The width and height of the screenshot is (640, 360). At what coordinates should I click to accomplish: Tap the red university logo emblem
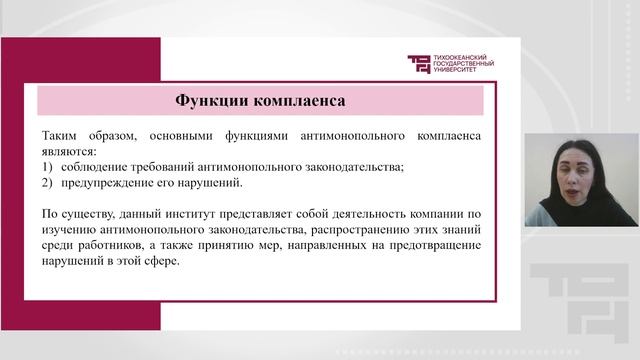[x=419, y=64]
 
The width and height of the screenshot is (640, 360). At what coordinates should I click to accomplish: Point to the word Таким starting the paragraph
[x=61, y=133]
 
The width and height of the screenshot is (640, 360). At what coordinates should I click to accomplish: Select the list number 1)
[x=48, y=166]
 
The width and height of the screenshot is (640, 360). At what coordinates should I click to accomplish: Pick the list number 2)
[x=48, y=183]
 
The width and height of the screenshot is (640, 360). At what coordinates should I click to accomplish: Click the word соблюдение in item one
[x=94, y=166]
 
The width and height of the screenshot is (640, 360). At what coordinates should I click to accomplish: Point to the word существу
[x=89, y=214]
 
